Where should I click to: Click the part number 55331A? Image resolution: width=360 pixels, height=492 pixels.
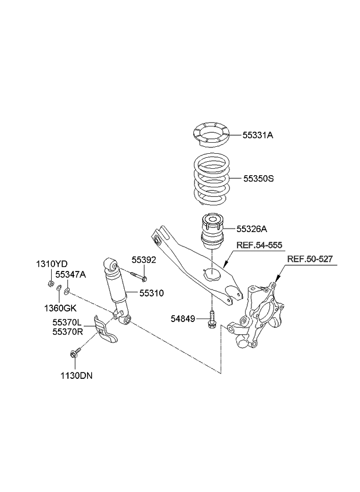click(257, 135)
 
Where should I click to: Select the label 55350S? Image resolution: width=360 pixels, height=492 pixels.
click(258, 179)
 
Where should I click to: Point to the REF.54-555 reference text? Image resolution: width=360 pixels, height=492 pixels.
click(260, 246)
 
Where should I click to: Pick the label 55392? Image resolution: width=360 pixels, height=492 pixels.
click(143, 260)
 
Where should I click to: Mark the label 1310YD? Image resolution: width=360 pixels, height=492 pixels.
click(51, 264)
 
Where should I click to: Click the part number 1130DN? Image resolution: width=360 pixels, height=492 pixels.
click(75, 375)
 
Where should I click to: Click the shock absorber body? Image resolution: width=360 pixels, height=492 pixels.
click(116, 286)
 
